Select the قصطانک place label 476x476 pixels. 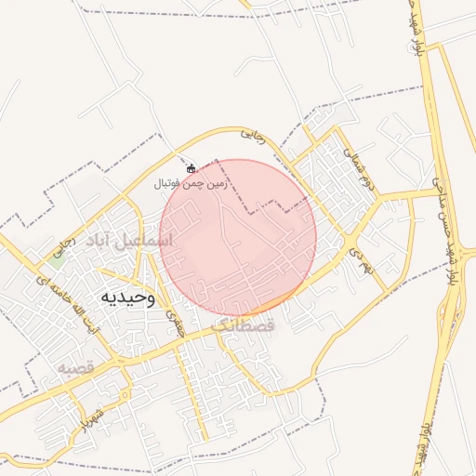(244, 327)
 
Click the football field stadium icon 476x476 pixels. (192, 169)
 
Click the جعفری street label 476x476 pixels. (174, 322)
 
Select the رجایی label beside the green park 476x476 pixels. (66, 246)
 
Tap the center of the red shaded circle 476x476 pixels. (238, 238)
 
